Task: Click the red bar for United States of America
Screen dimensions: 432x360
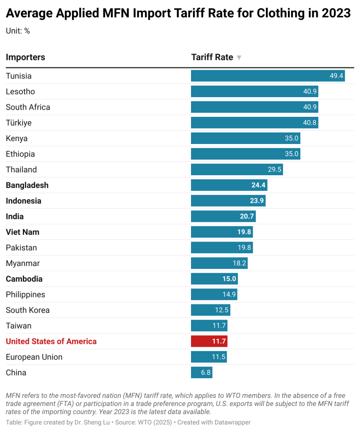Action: [x=209, y=341]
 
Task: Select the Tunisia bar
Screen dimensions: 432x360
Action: [x=267, y=76]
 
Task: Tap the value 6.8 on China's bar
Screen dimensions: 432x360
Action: [x=206, y=372]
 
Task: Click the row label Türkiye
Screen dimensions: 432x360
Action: [x=18, y=123]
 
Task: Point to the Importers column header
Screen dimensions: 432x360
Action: [x=25, y=57]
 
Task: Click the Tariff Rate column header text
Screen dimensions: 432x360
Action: [x=212, y=57]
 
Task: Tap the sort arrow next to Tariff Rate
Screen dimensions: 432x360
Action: [x=239, y=58]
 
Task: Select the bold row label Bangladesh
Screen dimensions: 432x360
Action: [x=27, y=185]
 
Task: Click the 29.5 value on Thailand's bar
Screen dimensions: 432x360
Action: [x=275, y=170]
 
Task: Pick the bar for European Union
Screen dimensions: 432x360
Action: [x=209, y=357]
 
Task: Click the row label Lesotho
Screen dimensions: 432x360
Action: [x=20, y=92]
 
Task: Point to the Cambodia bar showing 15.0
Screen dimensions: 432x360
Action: [x=214, y=279]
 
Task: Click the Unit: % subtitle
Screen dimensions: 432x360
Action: [x=18, y=31]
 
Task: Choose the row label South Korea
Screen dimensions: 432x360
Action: [x=28, y=310]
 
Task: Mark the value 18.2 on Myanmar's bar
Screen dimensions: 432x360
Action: [x=239, y=263]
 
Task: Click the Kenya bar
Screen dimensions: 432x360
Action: [x=245, y=138]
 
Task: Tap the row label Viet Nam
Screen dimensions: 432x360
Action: [x=22, y=232]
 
